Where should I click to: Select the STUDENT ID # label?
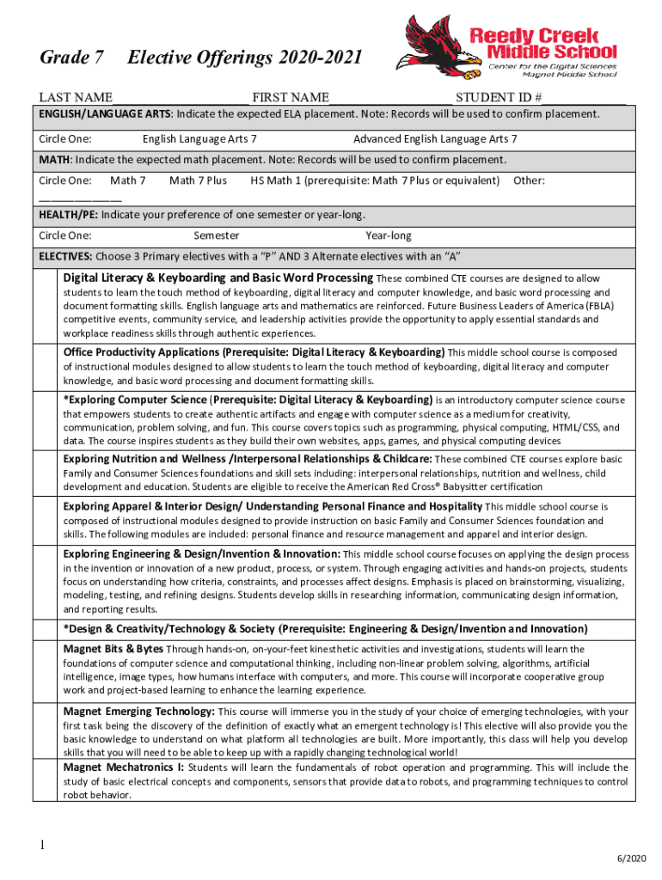(499, 97)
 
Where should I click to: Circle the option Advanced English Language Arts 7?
(435, 139)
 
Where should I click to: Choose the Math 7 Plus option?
(198, 180)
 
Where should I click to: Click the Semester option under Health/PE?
(217, 235)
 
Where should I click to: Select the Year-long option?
(389, 235)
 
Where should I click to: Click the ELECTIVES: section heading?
(65, 256)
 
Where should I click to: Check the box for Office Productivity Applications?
(47, 367)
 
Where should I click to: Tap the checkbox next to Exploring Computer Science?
(47, 420)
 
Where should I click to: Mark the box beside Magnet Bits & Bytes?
(47, 669)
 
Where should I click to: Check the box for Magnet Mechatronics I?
(47, 781)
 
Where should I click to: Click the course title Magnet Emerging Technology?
(139, 712)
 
